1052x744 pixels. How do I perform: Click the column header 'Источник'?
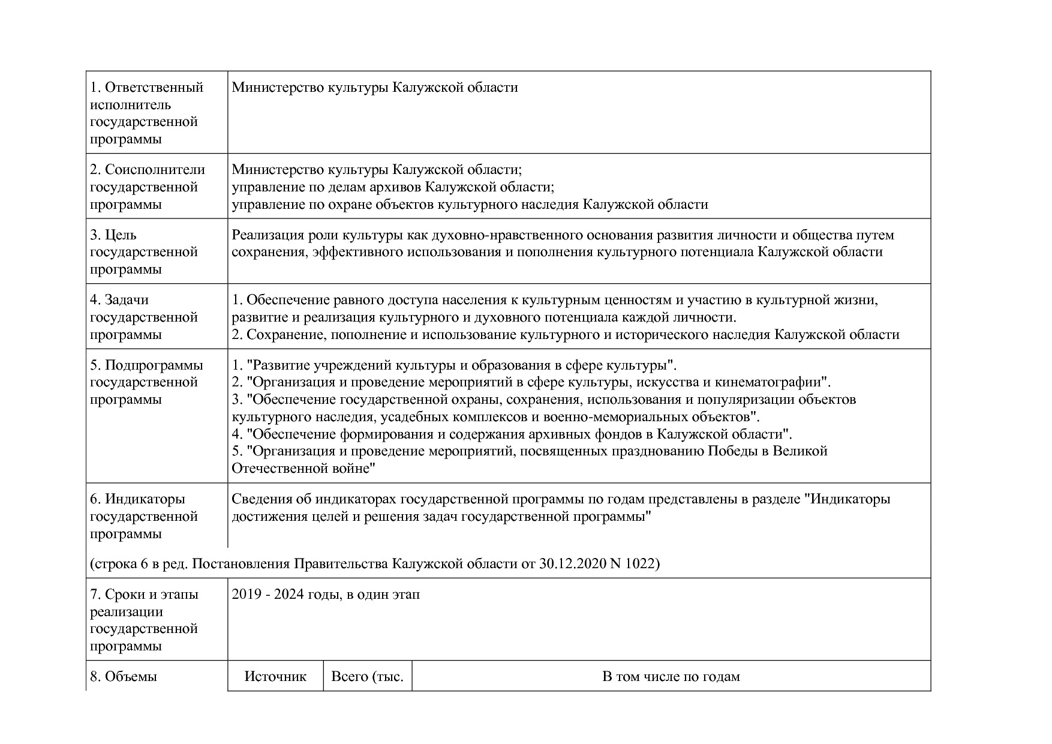click(x=275, y=676)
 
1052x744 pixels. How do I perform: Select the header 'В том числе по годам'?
click(x=671, y=676)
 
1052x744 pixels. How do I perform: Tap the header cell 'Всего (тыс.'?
click(x=367, y=676)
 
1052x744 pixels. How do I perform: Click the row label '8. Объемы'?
click(x=124, y=676)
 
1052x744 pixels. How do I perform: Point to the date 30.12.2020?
click(x=572, y=564)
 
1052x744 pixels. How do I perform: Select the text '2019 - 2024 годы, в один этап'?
click(x=326, y=595)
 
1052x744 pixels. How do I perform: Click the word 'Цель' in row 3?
click(x=121, y=235)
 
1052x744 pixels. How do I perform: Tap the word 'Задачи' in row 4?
click(x=127, y=299)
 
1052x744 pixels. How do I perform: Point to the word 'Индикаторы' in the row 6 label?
click(x=145, y=499)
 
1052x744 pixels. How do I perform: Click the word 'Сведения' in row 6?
click(x=260, y=499)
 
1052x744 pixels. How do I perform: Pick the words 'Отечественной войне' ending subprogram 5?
click(x=303, y=468)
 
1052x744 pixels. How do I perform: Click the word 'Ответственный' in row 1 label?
click(x=154, y=88)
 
